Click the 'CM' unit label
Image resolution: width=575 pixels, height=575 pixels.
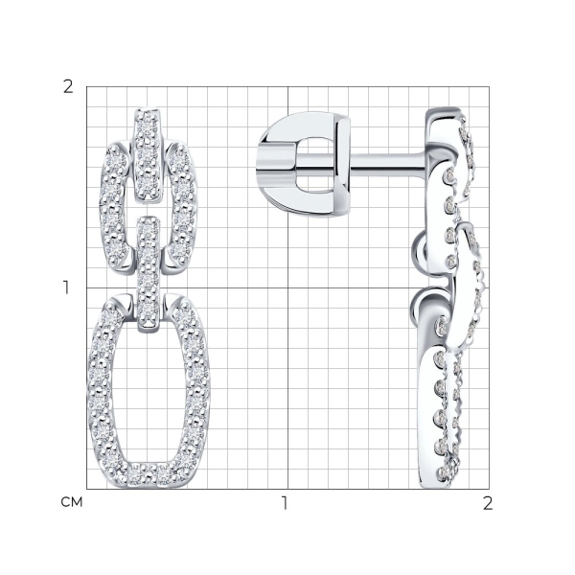[x=72, y=502]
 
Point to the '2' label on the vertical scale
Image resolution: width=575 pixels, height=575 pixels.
[x=68, y=87]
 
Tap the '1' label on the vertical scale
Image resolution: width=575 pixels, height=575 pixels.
[x=66, y=287]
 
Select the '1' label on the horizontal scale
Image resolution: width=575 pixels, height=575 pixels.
[x=285, y=503]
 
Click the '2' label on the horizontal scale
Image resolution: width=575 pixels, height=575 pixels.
[x=488, y=503]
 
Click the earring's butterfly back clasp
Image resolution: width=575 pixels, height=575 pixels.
[x=304, y=164]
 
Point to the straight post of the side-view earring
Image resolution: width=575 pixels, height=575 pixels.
[x=388, y=162]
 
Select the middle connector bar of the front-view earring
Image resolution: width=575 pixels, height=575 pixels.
[x=149, y=274]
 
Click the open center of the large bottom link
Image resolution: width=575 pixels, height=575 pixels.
[x=149, y=392]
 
